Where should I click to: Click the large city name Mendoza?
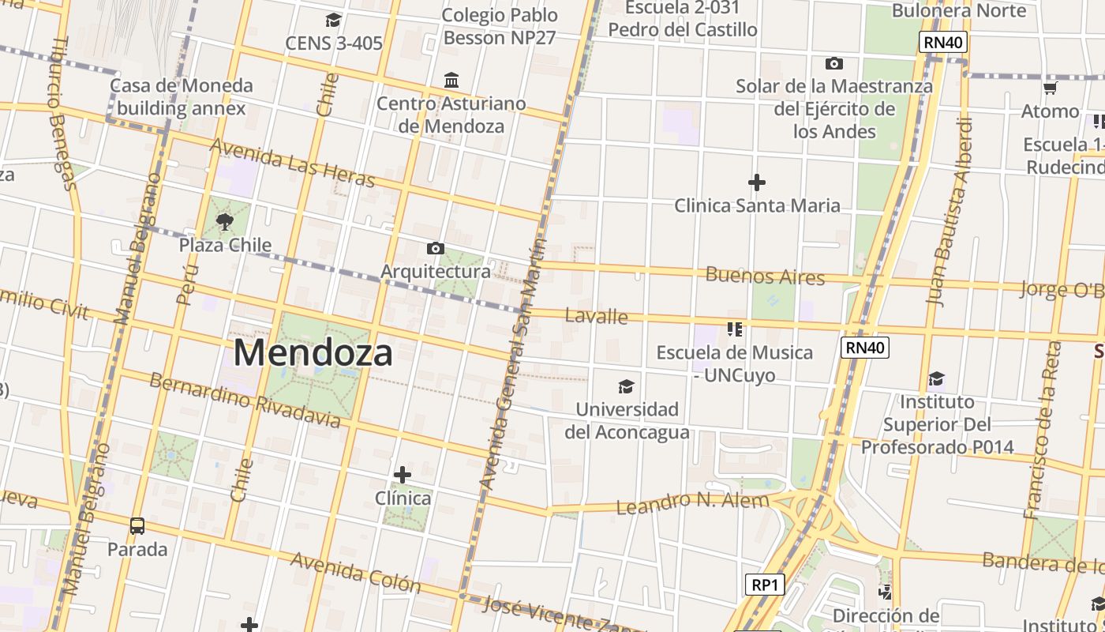[x=313, y=352]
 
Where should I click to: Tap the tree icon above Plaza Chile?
[x=225, y=221]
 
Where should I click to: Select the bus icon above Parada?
[x=137, y=525]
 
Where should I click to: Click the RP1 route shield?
[x=765, y=585]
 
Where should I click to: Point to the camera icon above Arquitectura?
[x=435, y=249]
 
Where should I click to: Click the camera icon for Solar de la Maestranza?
[x=833, y=63]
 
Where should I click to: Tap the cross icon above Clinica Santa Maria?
[x=757, y=183]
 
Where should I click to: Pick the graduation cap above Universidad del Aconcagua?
[x=626, y=386]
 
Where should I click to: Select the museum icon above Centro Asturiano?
[x=451, y=80]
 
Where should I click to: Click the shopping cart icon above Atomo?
[x=1050, y=88]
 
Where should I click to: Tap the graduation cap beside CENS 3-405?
[x=334, y=20]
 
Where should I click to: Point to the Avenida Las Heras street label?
[x=292, y=164]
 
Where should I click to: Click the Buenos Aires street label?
[x=765, y=276]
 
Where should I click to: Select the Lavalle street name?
[x=597, y=317]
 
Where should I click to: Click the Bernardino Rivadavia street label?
[x=245, y=400]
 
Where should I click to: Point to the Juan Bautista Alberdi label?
[x=949, y=212]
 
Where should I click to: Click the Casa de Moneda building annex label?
[x=182, y=97]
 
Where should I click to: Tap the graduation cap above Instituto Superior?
[x=936, y=379]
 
